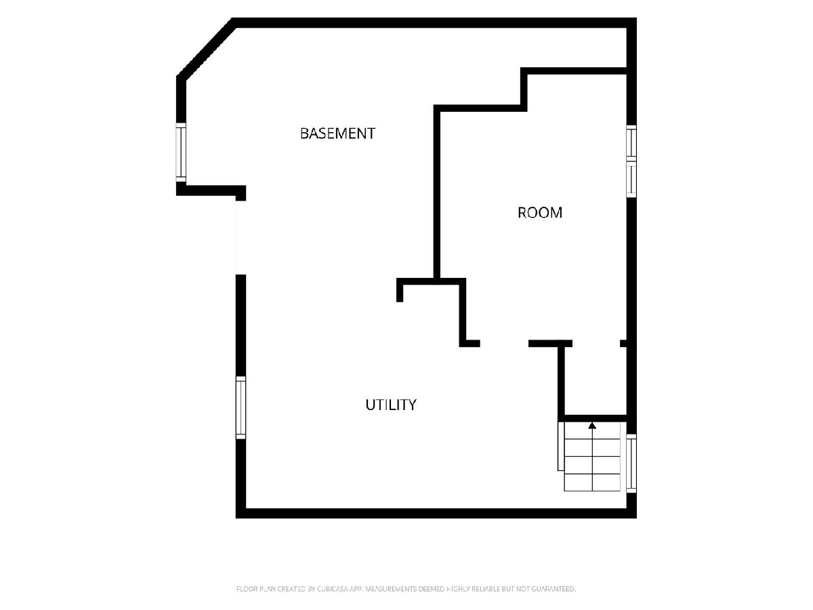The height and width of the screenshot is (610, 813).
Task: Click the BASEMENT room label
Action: click(337, 134)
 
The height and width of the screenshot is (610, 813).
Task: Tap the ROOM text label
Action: click(540, 213)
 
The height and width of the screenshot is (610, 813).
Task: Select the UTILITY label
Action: click(391, 405)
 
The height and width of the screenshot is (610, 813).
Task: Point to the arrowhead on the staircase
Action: click(592, 425)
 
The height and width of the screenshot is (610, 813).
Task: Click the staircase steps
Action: click(592, 457)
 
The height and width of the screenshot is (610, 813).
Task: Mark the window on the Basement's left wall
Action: click(181, 152)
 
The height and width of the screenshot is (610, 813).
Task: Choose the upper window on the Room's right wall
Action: click(631, 142)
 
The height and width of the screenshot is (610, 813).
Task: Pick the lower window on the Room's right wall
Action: click(631, 179)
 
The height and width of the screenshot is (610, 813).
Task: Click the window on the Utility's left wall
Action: click(241, 407)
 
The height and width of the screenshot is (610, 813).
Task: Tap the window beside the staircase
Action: click(631, 464)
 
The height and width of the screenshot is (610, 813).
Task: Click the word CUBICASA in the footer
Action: click(333, 588)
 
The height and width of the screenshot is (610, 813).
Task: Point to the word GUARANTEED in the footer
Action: click(553, 588)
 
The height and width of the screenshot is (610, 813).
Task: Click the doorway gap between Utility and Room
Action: click(504, 344)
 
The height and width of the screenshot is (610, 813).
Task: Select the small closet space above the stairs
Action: click(596, 381)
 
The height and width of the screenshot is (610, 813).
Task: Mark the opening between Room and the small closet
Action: click(596, 344)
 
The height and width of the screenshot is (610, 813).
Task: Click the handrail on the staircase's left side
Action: click(561, 446)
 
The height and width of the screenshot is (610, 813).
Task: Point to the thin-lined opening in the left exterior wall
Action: click(241, 237)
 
